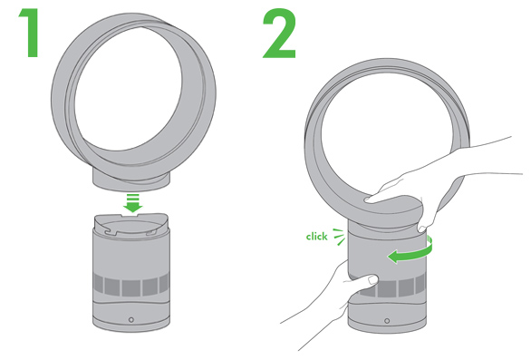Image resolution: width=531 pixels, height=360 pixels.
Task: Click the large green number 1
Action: coord(31,33)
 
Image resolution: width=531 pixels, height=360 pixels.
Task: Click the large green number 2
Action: coord(279,34)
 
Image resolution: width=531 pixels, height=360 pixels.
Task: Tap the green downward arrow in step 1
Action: coord(132,203)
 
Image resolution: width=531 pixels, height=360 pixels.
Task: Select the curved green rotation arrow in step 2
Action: coord(411,252)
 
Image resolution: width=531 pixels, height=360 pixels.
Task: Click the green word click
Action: coord(316,237)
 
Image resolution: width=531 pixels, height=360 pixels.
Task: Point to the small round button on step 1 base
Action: coord(131,319)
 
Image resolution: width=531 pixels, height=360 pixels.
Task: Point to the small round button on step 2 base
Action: coord(387,320)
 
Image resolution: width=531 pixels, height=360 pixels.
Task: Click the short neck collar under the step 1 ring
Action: coord(131,181)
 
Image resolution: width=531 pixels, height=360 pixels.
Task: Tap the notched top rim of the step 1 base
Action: coord(130,225)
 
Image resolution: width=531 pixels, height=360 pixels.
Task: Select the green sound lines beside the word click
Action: coord(339,237)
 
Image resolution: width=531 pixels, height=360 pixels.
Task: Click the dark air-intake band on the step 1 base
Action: coord(131,286)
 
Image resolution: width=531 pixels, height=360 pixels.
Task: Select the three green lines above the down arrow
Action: coord(132,197)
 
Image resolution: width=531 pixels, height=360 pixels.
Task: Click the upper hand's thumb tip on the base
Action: coord(422,229)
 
